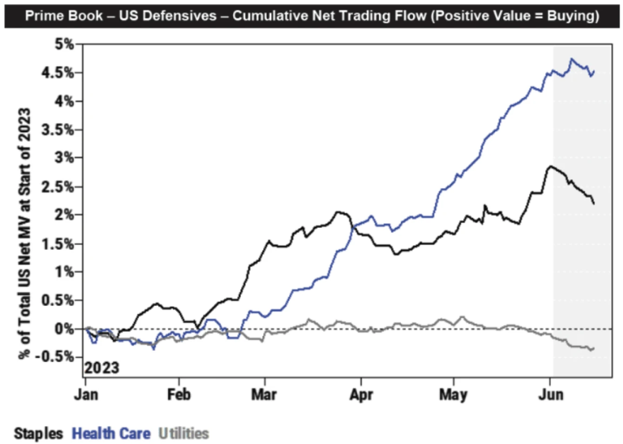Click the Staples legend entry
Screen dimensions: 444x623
point(38,433)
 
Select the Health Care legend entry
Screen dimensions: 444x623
point(111,433)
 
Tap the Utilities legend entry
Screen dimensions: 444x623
point(184,433)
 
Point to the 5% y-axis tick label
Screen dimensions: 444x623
point(64,45)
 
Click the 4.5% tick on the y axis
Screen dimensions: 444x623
point(58,73)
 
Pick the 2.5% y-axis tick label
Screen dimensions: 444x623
point(58,187)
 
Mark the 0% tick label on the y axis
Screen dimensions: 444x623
point(64,329)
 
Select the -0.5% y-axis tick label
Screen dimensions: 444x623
point(55,357)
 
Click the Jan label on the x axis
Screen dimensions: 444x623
point(86,395)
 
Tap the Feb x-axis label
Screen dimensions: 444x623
point(179,395)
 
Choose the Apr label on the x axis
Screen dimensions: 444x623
point(361,395)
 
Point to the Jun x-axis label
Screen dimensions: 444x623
point(551,395)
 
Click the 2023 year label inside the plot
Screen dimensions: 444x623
point(102,368)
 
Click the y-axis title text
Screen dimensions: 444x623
point(24,234)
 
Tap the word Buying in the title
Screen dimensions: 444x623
point(572,16)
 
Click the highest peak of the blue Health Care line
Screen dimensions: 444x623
point(572,59)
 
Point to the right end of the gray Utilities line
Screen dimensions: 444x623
point(594,348)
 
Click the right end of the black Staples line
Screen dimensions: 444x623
point(594,203)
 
